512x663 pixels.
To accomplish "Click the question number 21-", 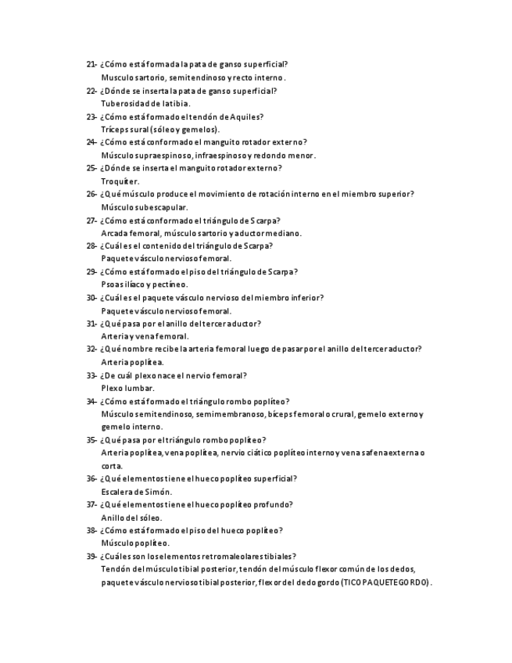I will point(91,65).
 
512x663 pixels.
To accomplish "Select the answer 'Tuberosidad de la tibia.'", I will point(145,103).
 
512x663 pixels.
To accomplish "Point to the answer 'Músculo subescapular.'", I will point(145,207).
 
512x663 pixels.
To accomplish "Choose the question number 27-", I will point(91,220).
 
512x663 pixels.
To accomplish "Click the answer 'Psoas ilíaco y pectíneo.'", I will point(145,285).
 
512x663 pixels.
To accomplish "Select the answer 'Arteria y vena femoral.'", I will point(145,336).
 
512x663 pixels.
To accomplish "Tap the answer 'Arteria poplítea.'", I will point(132,362).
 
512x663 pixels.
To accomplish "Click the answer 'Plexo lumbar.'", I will point(128,388).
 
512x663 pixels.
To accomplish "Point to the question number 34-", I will point(91,401).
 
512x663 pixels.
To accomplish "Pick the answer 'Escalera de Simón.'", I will point(136,492).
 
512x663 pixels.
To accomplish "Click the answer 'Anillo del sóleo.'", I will point(131,518).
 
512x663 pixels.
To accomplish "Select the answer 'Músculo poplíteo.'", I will point(135,543).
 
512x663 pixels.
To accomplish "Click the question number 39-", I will point(91,556).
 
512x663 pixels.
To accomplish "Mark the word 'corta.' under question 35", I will point(112,466).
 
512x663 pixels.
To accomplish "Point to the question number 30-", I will point(91,298).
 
